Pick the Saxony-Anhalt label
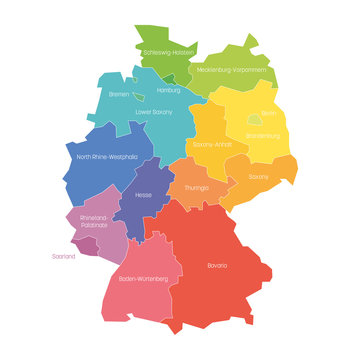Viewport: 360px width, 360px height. (213, 145)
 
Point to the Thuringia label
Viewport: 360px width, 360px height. (196, 187)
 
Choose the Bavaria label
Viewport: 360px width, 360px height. (217, 265)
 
